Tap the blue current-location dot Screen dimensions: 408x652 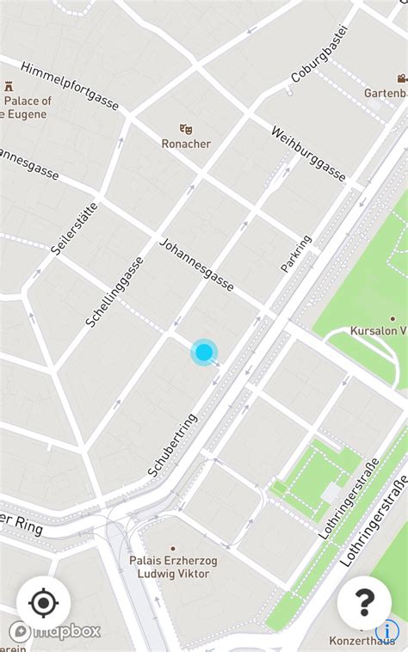[204, 351]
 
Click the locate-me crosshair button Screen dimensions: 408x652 [43, 603]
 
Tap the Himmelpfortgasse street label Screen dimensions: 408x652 [69, 86]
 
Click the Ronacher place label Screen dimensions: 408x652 [186, 144]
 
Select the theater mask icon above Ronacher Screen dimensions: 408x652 [186, 129]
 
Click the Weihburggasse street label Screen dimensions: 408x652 [308, 155]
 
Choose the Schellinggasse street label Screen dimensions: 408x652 [114, 292]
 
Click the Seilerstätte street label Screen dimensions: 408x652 [75, 228]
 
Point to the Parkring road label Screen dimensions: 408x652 [295, 254]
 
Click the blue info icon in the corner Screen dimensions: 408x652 [392, 632]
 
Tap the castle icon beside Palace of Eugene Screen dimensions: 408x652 [9, 86]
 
